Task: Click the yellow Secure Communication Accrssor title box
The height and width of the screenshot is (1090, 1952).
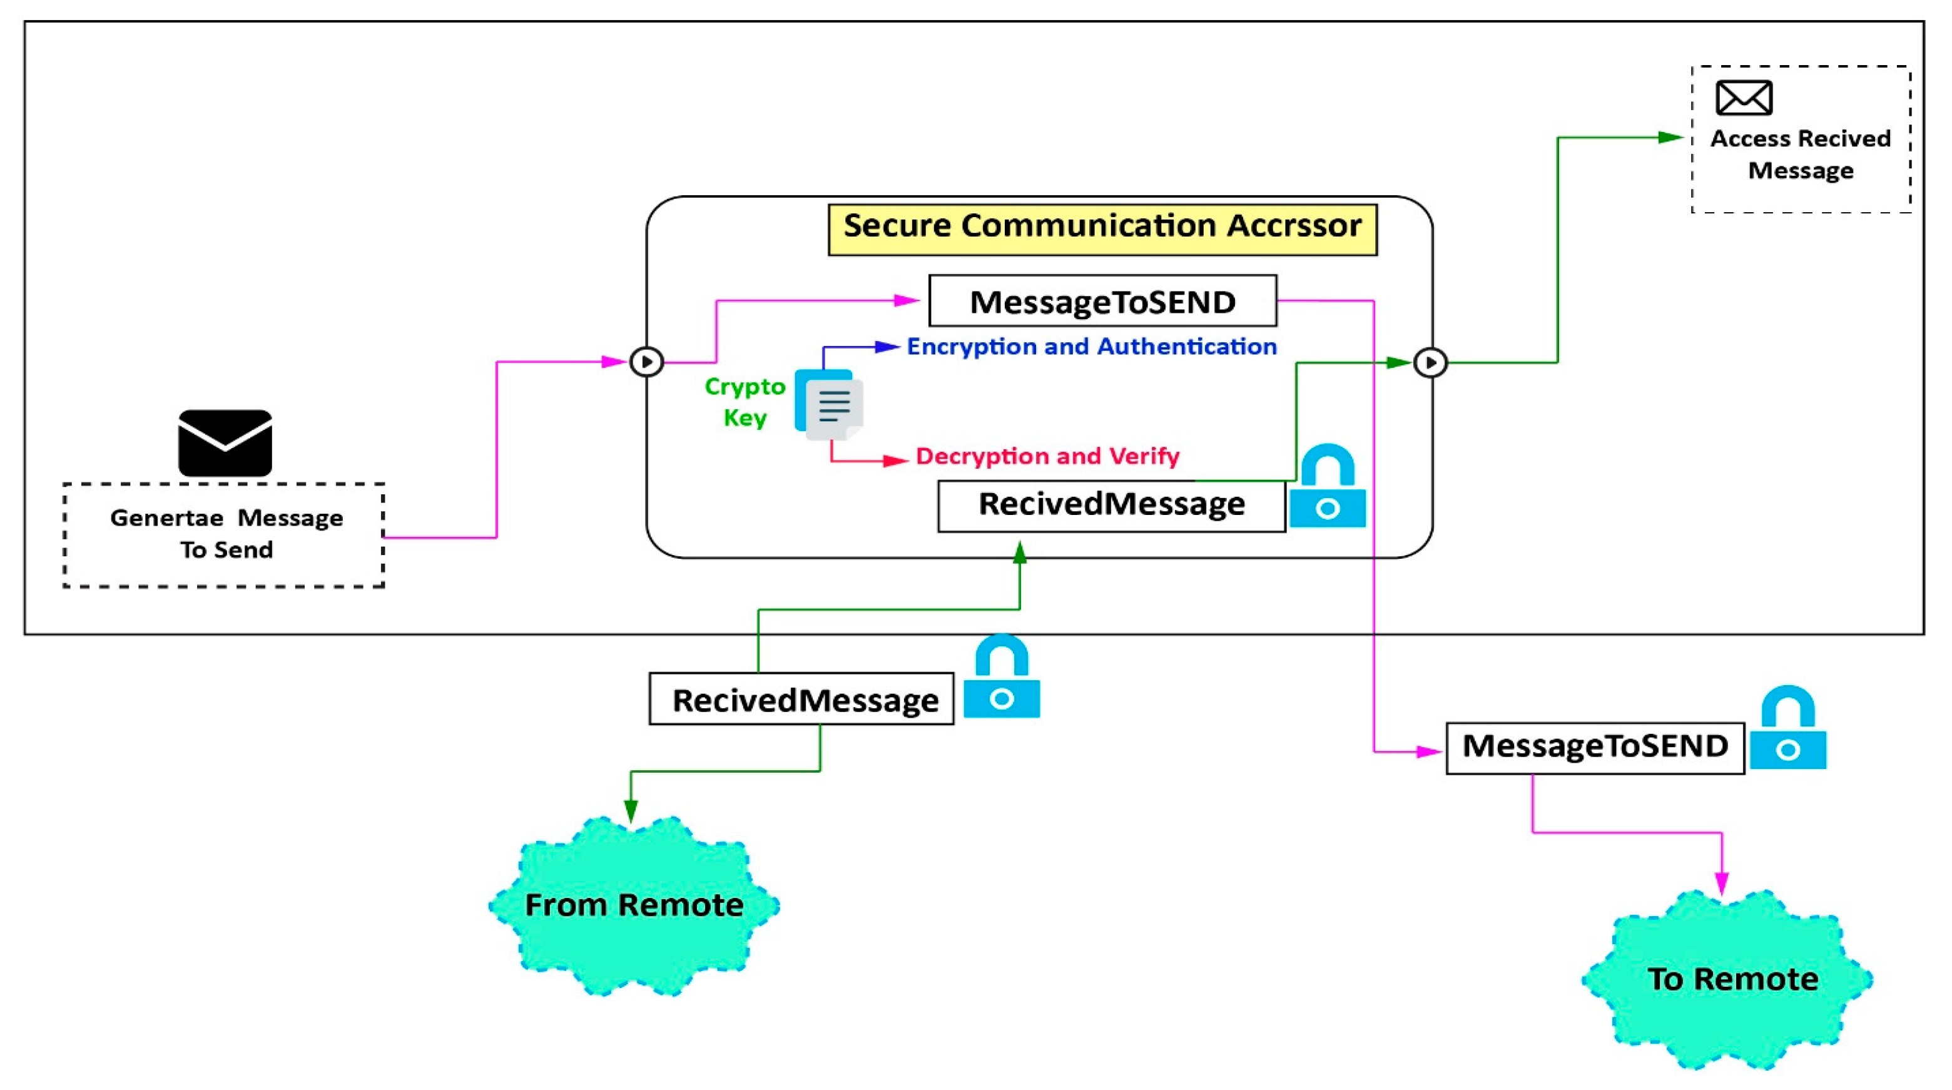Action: tap(1102, 229)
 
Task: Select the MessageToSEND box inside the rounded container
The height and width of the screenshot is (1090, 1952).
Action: tap(1102, 301)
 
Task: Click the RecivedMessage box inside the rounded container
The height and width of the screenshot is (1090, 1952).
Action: tap(1111, 506)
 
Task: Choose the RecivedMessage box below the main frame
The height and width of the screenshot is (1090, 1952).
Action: tap(801, 699)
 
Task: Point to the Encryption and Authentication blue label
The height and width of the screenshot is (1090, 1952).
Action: tap(1091, 347)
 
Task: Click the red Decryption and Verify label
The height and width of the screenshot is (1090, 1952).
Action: tap(1047, 456)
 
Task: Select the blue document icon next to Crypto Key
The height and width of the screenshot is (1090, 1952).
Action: tap(829, 404)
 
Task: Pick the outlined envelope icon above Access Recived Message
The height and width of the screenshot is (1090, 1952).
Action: tap(1744, 98)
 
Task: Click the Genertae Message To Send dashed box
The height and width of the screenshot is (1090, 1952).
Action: tap(225, 535)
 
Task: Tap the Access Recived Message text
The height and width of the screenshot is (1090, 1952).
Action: tap(1801, 155)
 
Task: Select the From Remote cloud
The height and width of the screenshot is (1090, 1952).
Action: tap(634, 906)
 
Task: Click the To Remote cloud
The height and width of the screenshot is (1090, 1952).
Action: tap(1732, 979)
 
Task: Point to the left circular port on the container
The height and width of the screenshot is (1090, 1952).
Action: tap(646, 362)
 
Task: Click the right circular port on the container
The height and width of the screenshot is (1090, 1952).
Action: tap(1431, 362)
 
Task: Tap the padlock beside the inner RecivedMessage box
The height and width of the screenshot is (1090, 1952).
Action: tap(1327, 487)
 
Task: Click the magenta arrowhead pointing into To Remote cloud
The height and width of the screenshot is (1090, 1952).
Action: tap(1722, 883)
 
